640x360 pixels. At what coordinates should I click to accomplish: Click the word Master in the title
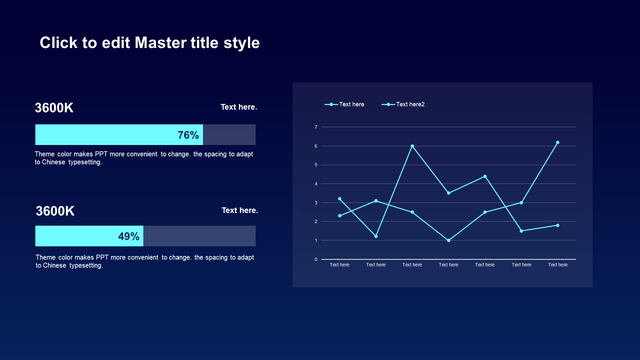(160, 42)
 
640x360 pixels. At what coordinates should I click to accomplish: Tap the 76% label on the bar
(188, 135)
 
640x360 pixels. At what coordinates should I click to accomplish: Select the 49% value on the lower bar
(128, 236)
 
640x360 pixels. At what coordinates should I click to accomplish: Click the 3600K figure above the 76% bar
(54, 108)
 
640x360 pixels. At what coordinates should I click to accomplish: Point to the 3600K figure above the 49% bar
(55, 211)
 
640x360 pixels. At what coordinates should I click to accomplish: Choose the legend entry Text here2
(410, 104)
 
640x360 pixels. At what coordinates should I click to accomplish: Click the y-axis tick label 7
(316, 127)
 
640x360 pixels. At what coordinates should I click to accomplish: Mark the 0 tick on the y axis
(316, 259)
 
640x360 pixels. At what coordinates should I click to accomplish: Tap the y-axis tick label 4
(316, 184)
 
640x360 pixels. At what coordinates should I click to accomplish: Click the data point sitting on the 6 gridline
(412, 146)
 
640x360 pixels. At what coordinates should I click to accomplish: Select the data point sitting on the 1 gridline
(448, 240)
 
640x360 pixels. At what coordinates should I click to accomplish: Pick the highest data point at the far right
(557, 142)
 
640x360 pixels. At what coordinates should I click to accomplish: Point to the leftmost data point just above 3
(339, 199)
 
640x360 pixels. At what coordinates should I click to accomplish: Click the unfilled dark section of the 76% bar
(229, 135)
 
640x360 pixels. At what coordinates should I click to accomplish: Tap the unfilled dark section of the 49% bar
(199, 236)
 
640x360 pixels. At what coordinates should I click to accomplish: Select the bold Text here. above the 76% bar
(239, 107)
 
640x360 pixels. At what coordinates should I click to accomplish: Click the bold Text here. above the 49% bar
(240, 210)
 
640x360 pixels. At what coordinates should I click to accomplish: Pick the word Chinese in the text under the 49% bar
(54, 265)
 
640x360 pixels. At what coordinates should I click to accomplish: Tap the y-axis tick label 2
(316, 221)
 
